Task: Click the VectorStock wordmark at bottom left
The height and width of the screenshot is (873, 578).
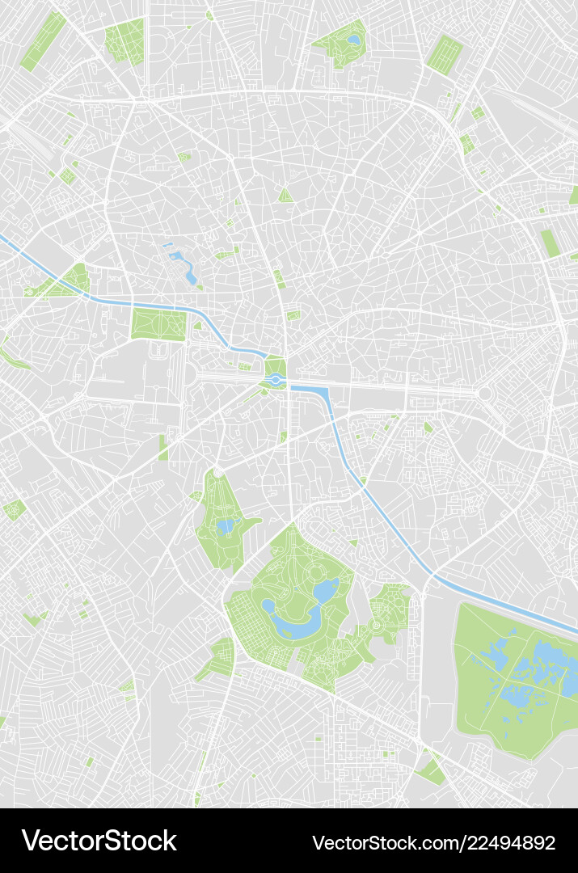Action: point(99,841)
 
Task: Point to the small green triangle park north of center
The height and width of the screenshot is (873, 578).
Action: point(285,195)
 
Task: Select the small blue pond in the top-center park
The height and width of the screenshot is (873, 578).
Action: point(353,39)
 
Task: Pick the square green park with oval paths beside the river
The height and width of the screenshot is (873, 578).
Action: point(158,324)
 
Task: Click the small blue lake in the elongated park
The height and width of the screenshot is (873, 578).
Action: point(225,527)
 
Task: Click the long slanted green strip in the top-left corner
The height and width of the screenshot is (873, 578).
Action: point(43,40)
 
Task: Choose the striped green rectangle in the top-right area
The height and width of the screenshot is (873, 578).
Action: point(444,53)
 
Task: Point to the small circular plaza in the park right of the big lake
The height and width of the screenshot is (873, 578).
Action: point(375,625)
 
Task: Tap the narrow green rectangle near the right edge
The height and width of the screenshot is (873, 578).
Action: point(550,243)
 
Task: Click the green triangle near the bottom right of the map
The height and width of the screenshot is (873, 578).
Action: point(432,772)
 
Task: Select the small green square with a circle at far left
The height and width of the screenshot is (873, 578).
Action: point(14,509)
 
